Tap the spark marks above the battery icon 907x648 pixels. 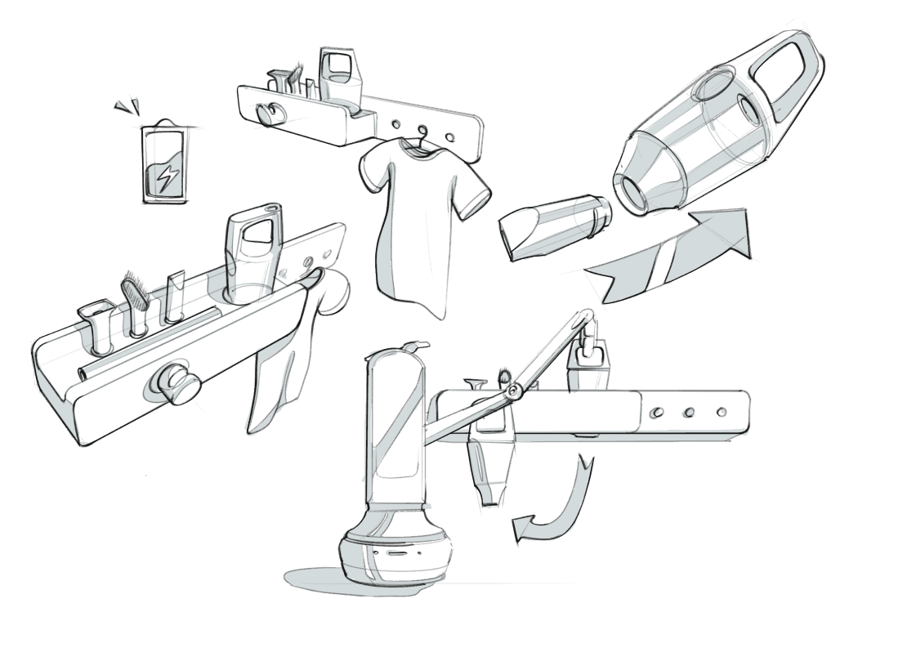(127, 105)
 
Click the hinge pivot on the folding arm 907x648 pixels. (512, 394)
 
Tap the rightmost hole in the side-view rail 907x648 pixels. (721, 411)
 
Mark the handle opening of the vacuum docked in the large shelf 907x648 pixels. (257, 232)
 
